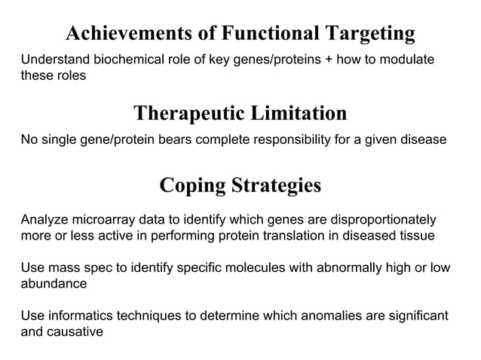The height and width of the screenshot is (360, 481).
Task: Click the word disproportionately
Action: [x=371, y=221]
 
